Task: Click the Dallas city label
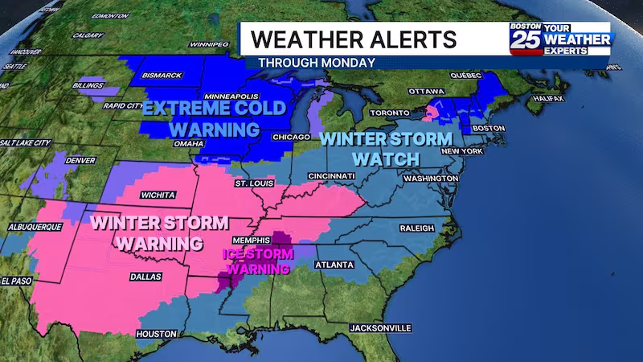(x=145, y=276)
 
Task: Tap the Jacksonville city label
(x=380, y=328)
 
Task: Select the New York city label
(x=461, y=151)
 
